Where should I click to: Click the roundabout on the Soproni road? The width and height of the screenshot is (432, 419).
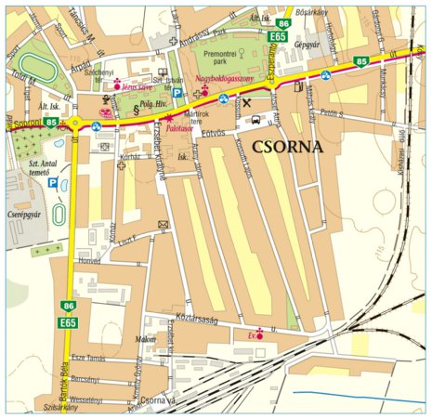[x=75, y=123]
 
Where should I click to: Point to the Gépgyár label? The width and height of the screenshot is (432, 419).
[x=308, y=44]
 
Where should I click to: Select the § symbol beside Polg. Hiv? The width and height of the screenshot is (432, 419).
[x=137, y=110]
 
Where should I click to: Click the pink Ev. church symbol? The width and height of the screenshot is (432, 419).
[x=260, y=334]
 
